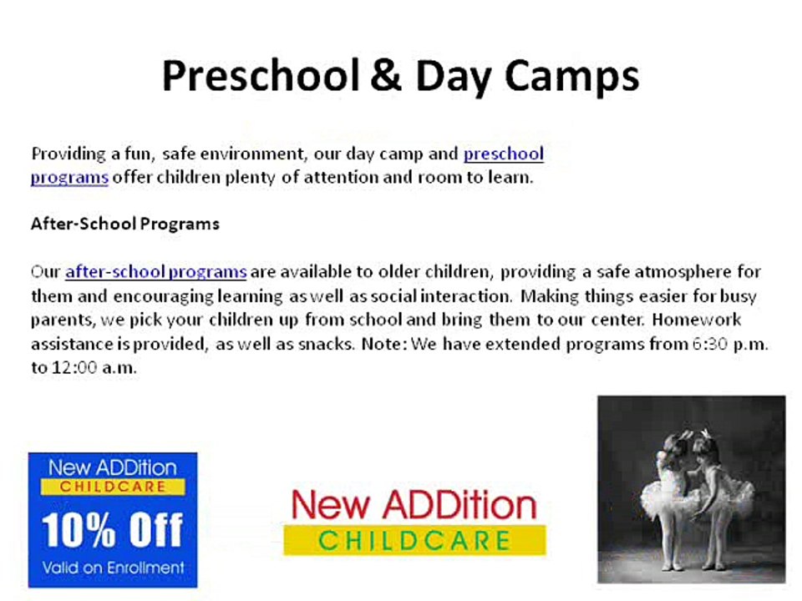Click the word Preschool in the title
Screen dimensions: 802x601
tap(261, 77)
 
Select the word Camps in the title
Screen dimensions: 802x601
tap(571, 78)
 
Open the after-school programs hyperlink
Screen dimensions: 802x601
tap(156, 271)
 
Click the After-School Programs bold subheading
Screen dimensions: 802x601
tap(125, 224)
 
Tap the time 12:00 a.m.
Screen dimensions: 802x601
tap(94, 367)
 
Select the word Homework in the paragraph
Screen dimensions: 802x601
tap(696, 320)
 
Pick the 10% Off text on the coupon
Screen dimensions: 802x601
tap(113, 530)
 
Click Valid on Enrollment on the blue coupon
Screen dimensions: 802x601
tap(113, 568)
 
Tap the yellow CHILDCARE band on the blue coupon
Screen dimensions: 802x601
tap(113, 487)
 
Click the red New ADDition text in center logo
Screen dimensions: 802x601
tap(414, 504)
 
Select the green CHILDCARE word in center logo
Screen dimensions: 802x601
tap(415, 541)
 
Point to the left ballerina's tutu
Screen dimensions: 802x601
tap(662, 495)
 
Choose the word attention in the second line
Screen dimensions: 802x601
tap(341, 177)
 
